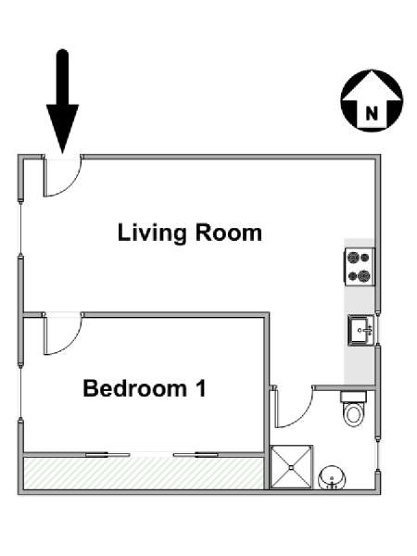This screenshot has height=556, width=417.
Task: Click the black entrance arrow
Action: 62,101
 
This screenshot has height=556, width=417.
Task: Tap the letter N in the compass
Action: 372,114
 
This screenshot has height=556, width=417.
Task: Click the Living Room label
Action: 190,234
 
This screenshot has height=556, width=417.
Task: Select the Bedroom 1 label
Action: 145,388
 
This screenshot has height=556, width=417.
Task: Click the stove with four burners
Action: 359,266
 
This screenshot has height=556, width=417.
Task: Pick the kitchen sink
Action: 360,330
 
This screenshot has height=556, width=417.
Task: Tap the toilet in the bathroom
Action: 354,409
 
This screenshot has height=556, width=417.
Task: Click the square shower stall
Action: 292,467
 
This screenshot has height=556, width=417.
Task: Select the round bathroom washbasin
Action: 332,478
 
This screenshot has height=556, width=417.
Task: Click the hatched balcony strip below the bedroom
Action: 144,474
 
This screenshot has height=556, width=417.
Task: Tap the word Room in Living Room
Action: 229,233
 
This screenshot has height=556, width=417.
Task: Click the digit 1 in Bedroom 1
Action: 201,388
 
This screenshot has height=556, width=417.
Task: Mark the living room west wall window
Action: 21,229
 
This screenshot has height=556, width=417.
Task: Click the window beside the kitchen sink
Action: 378,329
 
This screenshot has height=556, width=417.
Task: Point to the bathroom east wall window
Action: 378,456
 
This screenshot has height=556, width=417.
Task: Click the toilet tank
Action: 354,397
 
